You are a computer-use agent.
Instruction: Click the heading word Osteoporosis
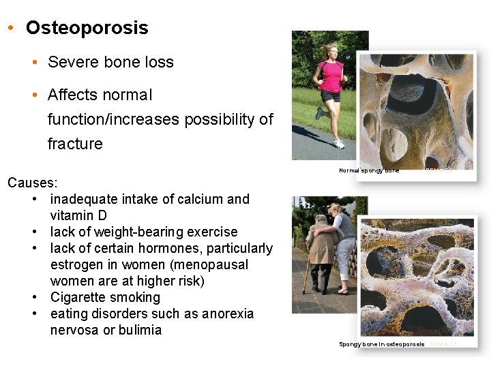tap(87, 28)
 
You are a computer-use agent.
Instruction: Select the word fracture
tap(75, 144)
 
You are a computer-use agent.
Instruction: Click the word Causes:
tap(33, 183)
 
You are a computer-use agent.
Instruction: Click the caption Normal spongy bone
tap(369, 170)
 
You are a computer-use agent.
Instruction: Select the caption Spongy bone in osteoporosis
tap(382, 344)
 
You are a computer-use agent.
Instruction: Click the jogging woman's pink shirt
tap(330, 76)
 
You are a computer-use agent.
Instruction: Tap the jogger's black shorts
tap(331, 96)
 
